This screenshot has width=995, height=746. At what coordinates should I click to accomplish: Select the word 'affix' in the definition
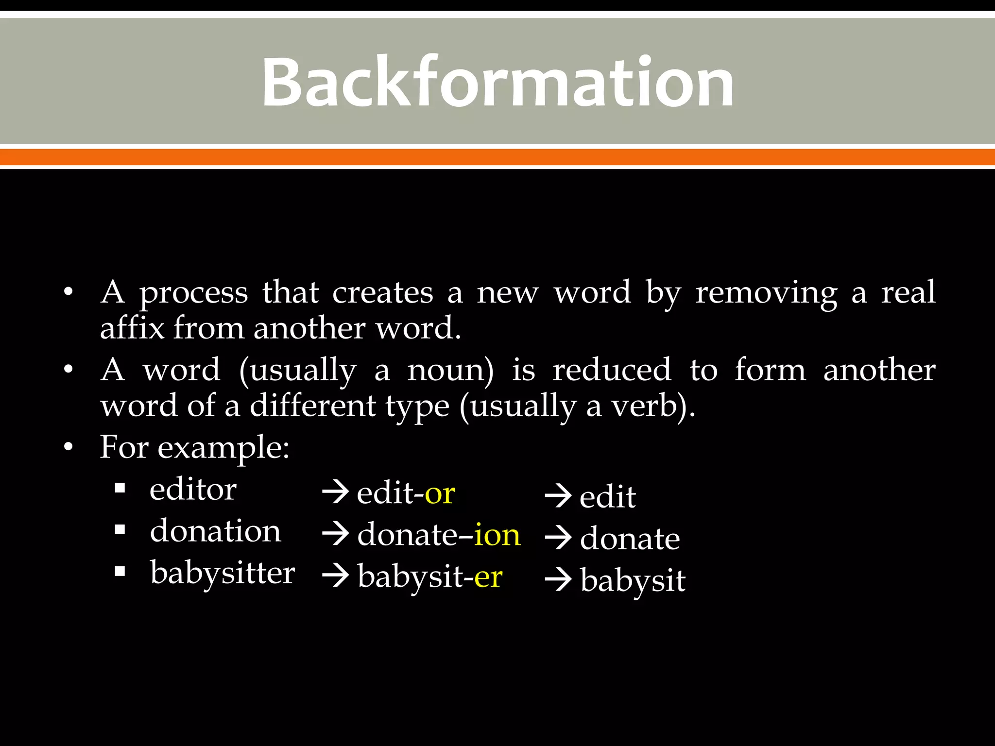point(132,328)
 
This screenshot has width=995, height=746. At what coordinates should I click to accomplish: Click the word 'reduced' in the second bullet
point(612,370)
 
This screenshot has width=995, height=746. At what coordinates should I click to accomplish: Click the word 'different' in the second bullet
point(312,406)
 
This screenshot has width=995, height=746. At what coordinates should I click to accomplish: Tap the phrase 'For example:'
point(194,448)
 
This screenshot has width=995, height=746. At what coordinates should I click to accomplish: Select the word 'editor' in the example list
point(193,490)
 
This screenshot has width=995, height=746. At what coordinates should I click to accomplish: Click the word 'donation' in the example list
point(215,531)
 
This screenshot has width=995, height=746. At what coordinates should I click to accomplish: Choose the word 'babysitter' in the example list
point(223,574)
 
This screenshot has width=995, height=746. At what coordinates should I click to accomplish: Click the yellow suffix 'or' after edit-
point(440,494)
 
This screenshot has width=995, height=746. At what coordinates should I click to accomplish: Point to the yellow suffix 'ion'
point(497,535)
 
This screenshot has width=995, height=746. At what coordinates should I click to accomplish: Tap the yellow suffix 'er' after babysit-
point(488,577)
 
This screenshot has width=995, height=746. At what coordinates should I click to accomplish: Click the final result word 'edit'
point(607,497)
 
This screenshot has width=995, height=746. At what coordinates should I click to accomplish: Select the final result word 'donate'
point(630,539)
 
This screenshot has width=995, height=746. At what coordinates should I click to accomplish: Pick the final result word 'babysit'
point(633,581)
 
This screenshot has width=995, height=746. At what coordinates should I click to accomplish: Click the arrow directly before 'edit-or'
point(335,493)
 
